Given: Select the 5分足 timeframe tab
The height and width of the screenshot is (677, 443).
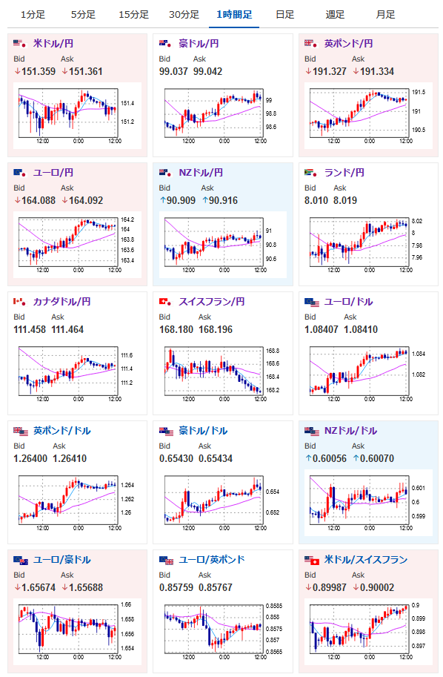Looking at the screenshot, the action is tap(83, 15).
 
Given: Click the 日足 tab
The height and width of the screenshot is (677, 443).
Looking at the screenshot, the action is tap(284, 15).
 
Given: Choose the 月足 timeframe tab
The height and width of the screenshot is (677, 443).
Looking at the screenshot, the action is tap(385, 15).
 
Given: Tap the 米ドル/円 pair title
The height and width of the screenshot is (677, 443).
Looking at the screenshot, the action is tap(53, 44).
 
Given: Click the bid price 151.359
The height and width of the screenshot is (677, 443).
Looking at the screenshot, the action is tap(39, 72).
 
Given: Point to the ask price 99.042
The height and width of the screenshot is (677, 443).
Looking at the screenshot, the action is tap(207, 72).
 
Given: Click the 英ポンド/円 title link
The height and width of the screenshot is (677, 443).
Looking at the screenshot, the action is tap(348, 44).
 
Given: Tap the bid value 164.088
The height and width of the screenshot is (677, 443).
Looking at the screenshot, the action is tap(39, 201).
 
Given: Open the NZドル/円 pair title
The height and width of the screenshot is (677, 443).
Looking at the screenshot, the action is tap(201, 173).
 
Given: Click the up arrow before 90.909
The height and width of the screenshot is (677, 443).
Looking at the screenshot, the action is tap(163, 201).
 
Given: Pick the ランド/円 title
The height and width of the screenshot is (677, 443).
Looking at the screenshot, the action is tap(344, 173).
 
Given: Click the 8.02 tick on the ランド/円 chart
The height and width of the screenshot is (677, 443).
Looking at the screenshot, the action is tap(416, 221).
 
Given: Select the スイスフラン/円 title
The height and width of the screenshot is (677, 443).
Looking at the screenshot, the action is tap(212, 302).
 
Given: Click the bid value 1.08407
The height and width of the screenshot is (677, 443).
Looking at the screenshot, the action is tap(322, 330).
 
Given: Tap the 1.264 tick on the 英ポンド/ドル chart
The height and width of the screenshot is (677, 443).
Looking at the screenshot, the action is tap(127, 485).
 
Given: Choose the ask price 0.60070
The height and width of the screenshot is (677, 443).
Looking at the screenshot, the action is tap(377, 459).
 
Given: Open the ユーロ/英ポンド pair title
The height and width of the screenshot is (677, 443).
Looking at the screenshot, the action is tap(212, 560).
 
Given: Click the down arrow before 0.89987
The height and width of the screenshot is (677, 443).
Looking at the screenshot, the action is tap(308, 587).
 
